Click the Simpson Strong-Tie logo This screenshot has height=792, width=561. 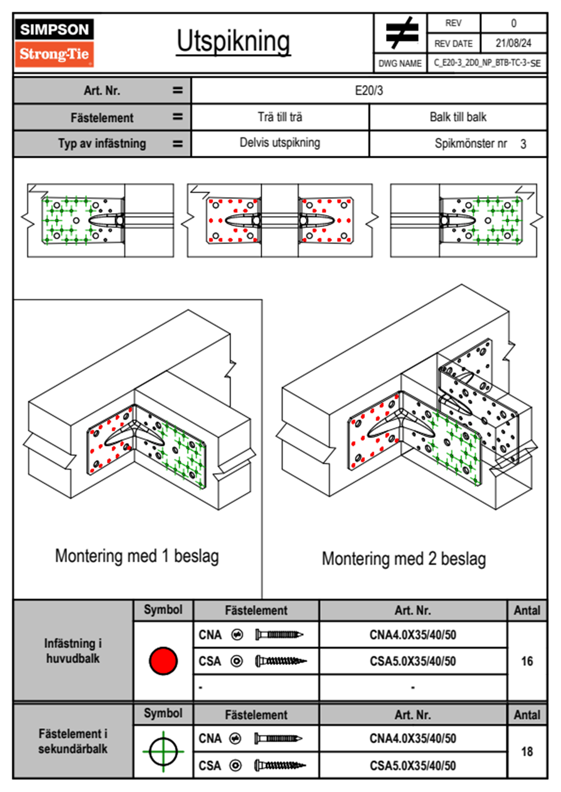coord(54,43)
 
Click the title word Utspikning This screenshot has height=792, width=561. coord(233,41)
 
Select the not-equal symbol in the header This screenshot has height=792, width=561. coord(402,33)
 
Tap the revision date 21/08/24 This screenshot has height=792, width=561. coord(513,43)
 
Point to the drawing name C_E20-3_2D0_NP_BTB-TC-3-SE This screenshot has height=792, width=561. coord(487,63)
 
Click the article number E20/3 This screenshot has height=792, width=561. coord(369,90)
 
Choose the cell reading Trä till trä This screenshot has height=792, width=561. coord(280,117)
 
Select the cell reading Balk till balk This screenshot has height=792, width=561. coord(458,117)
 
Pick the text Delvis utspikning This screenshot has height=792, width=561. coord(280,143)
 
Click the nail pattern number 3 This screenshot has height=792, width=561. coord(523,144)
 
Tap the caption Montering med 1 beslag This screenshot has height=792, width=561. coord(137,556)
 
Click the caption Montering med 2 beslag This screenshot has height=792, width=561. coord(404,559)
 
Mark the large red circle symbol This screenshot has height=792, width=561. coord(163,661)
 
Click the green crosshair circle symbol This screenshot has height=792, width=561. coord(163,752)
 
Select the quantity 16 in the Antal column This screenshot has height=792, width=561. coord(527,661)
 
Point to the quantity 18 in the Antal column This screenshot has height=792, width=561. coord(527,752)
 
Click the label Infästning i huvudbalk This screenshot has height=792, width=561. coord(73,651)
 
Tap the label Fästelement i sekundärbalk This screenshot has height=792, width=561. coord(73,741)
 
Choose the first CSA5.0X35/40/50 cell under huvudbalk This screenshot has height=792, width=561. coord(412,662)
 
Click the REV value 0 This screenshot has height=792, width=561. coord(513,23)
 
